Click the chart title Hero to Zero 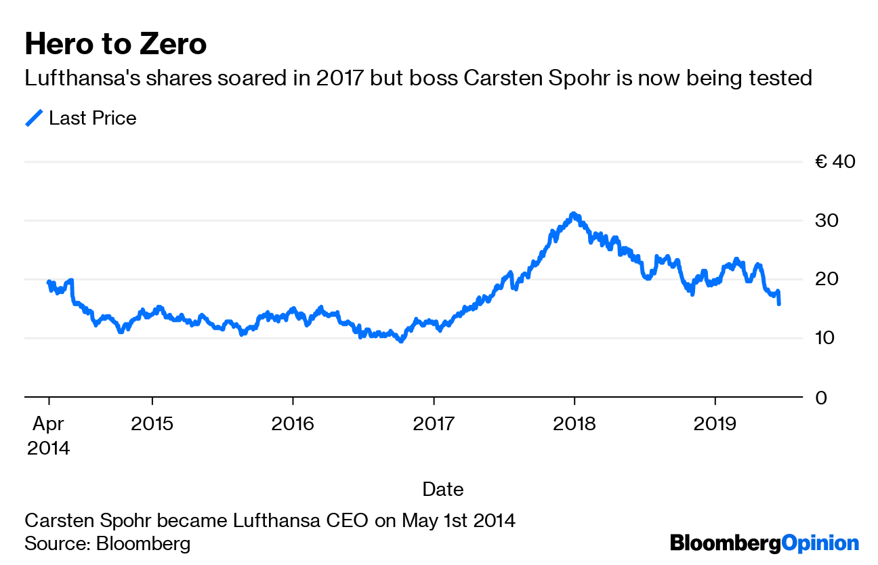[116, 45]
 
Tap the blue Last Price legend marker [34, 119]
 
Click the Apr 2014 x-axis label [49, 436]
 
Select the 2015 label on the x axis [152, 424]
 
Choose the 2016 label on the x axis [293, 424]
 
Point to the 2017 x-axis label [434, 424]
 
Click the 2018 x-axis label [574, 424]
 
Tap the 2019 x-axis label [715, 424]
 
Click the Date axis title [443, 489]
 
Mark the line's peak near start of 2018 [574, 214]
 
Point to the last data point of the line [779, 304]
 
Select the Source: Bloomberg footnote [107, 543]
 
